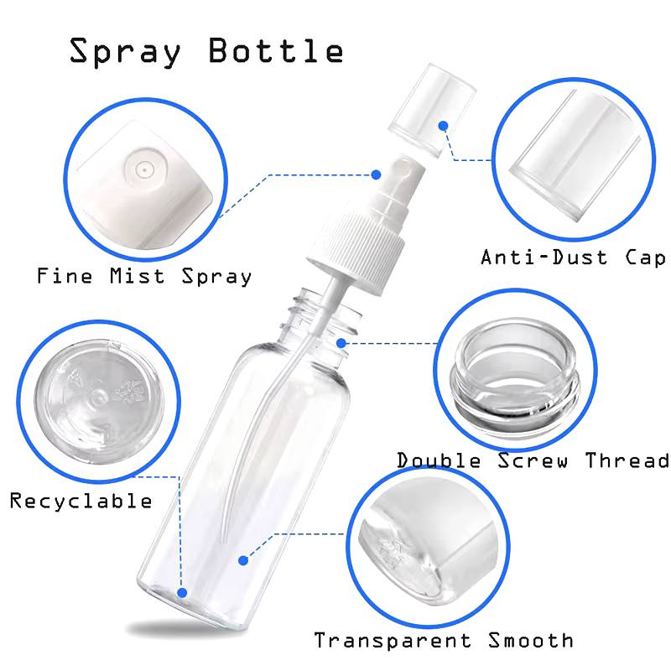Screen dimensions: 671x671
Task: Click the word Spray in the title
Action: coord(125,52)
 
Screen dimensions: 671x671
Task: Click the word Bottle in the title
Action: coord(276,50)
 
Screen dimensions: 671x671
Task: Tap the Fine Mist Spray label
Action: coord(143,276)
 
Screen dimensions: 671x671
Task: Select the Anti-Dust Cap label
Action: coord(573,257)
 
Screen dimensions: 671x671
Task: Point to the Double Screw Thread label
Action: coord(533,460)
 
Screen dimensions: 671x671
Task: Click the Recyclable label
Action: coord(81,501)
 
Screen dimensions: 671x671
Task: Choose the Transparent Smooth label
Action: coord(444,640)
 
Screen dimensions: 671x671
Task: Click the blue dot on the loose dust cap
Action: coord(444,125)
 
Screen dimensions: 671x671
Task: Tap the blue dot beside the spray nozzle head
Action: coord(376,174)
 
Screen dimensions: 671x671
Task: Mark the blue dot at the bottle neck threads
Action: coord(341,343)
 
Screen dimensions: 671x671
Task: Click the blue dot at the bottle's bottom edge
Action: coord(182,593)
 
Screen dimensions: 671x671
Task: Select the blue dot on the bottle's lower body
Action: coord(243,560)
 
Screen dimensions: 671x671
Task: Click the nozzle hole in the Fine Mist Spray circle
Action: coord(144,170)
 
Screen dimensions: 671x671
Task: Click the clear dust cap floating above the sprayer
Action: coord(431,110)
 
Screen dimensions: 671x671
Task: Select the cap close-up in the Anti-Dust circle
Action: coord(574,157)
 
